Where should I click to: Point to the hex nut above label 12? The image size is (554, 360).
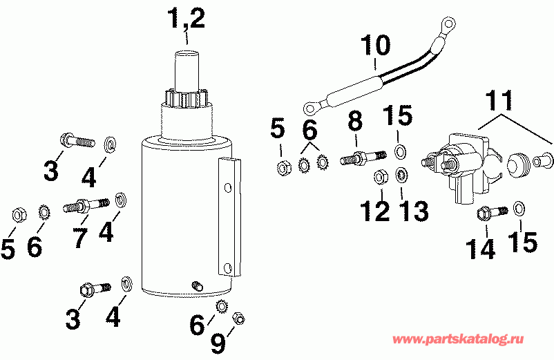379,178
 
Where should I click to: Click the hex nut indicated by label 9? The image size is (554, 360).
237,316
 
